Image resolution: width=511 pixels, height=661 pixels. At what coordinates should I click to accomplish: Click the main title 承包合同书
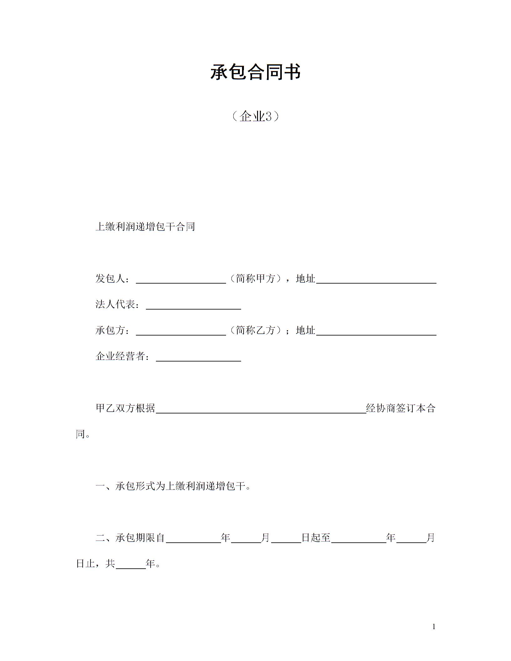(255, 72)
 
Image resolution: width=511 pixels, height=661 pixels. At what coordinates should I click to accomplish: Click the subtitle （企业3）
(255, 117)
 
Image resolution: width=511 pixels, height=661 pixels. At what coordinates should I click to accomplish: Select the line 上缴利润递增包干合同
(145, 227)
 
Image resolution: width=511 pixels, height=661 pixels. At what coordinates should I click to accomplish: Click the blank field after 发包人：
(181, 279)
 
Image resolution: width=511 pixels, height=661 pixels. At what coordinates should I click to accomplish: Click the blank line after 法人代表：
(193, 305)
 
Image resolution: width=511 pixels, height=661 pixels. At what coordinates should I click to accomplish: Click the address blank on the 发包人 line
(376, 279)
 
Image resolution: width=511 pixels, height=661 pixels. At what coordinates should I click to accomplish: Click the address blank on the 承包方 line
(376, 331)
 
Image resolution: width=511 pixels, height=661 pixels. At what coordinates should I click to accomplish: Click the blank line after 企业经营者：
(198, 357)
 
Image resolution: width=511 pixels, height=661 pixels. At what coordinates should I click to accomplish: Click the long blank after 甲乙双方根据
(261, 409)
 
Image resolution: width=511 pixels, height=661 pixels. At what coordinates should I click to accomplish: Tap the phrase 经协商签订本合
(401, 408)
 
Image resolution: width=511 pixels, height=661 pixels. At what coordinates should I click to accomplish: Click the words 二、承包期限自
(130, 538)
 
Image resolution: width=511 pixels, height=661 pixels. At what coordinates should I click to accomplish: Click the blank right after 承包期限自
(193, 538)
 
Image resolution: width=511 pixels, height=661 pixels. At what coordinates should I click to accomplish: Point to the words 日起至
(316, 538)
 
